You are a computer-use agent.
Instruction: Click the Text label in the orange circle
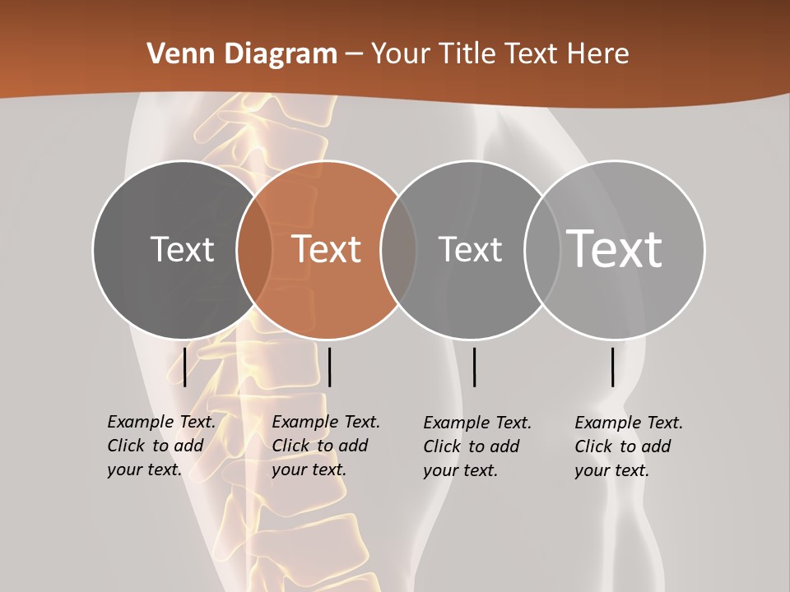click(x=327, y=249)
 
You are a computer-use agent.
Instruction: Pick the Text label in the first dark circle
click(x=182, y=249)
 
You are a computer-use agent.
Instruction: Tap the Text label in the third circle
click(x=470, y=249)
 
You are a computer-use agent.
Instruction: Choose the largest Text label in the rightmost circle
click(x=615, y=248)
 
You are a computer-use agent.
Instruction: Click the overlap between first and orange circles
click(x=254, y=250)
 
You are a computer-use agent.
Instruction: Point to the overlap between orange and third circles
click(x=398, y=250)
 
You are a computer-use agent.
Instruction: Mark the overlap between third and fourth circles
click(x=542, y=250)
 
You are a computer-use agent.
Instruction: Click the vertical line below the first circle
click(x=185, y=367)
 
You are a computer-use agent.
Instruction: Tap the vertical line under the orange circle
click(x=329, y=367)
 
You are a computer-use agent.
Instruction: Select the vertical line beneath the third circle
click(x=474, y=367)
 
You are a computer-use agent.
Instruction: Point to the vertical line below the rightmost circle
click(x=612, y=367)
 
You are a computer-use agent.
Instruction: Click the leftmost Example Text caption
click(x=160, y=446)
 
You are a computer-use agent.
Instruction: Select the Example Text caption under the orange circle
click(x=325, y=446)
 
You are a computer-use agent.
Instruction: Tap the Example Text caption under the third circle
click(x=476, y=446)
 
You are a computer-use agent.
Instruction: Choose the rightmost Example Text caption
click(x=628, y=446)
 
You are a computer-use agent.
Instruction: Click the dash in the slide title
click(x=354, y=55)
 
